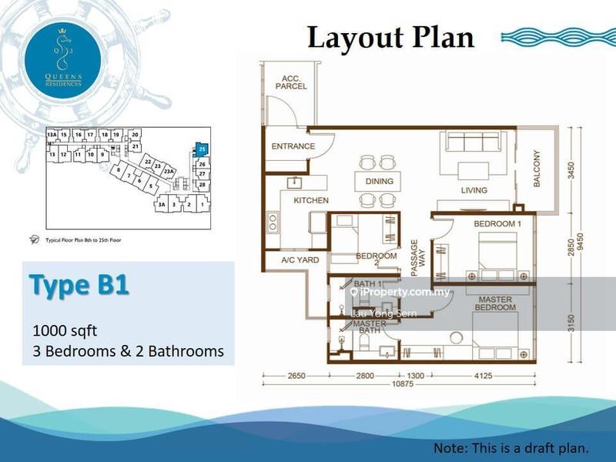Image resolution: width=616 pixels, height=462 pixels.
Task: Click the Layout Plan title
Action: point(390,36)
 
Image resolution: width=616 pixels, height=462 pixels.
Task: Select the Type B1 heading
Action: point(79,283)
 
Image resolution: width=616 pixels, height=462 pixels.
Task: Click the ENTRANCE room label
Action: point(293,146)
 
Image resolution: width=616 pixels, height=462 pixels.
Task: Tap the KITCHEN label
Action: point(310,200)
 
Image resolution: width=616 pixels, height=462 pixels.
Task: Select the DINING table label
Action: point(379,182)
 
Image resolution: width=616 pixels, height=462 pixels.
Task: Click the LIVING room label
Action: point(474,190)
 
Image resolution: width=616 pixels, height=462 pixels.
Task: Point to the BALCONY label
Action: point(537,169)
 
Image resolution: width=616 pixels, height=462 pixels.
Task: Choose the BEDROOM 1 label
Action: point(497,223)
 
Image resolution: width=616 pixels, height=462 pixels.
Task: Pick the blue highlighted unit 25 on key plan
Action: point(202,149)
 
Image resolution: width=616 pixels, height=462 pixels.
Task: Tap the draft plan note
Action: point(511,447)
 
